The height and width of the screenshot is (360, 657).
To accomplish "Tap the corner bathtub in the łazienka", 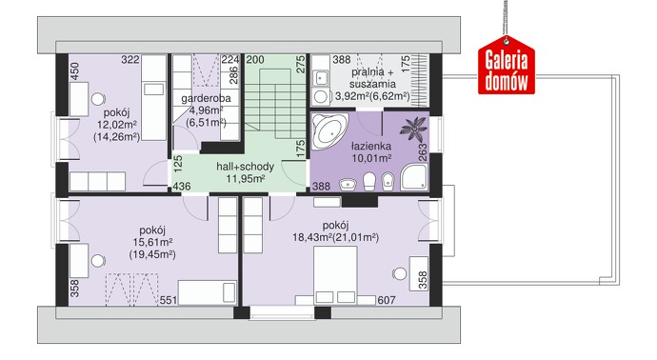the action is pyautogui.click(x=330, y=130).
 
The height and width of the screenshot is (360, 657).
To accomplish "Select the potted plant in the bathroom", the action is pyautogui.click(x=413, y=130).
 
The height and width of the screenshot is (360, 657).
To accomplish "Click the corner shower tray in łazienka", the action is pyautogui.click(x=414, y=177).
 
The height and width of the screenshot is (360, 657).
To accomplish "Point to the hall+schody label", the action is pyautogui.click(x=245, y=167).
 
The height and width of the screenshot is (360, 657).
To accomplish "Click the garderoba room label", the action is pyautogui.click(x=207, y=99).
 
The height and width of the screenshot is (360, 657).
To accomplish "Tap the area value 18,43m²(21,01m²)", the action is pyautogui.click(x=335, y=238).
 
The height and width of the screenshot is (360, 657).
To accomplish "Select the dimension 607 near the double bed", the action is pyautogui.click(x=387, y=300).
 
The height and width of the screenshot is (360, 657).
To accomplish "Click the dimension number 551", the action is pyautogui.click(x=168, y=300).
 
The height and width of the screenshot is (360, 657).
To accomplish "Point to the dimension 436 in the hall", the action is pyautogui.click(x=182, y=186).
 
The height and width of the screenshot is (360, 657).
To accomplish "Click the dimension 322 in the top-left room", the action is pyautogui.click(x=130, y=60).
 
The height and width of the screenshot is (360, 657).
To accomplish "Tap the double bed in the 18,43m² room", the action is pyautogui.click(x=335, y=274).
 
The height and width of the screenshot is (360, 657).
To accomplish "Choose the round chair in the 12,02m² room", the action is pyautogui.click(x=98, y=99).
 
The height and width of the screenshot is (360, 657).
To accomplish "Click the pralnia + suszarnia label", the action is pyautogui.click(x=372, y=77).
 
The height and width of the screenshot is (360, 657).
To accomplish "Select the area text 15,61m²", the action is pyautogui.click(x=153, y=242).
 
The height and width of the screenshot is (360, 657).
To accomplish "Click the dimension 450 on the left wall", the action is pyautogui.click(x=74, y=71).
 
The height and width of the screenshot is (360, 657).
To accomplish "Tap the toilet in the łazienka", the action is pyautogui.click(x=369, y=182).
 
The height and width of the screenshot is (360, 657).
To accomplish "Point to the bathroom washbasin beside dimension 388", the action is pyautogui.click(x=348, y=184).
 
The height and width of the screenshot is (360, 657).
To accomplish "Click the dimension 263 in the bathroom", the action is pyautogui.click(x=423, y=152).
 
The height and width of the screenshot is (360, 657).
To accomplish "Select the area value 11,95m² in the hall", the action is pyautogui.click(x=245, y=179).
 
